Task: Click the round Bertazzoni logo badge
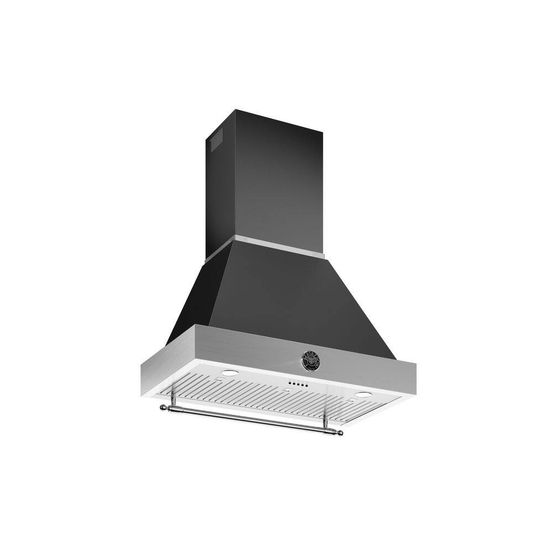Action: (x=310, y=359)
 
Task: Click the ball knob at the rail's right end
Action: (x=340, y=432)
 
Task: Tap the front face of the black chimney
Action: (x=276, y=177)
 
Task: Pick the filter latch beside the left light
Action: (x=218, y=380)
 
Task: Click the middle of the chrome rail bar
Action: (x=252, y=420)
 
